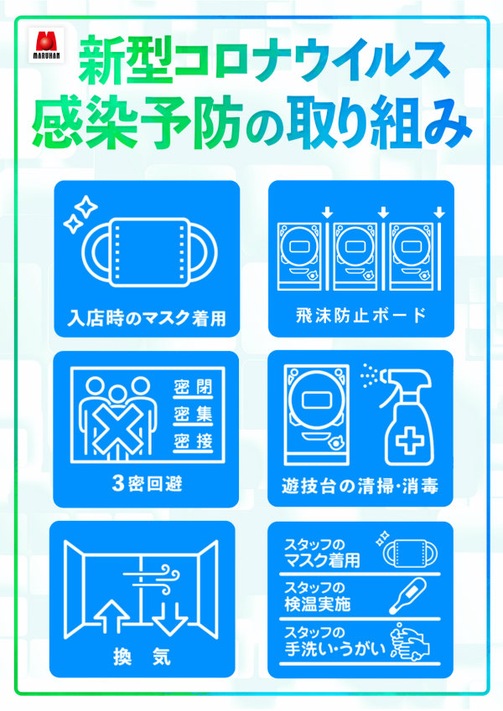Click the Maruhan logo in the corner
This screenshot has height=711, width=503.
(x=46, y=45)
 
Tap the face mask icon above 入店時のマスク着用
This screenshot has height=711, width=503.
(x=149, y=252)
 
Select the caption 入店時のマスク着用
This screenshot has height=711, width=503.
(x=147, y=318)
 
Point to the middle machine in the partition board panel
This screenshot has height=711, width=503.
(x=355, y=256)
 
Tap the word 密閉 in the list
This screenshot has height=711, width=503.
(x=193, y=387)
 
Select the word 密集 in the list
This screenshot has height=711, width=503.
(x=193, y=414)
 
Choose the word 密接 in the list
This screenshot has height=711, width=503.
(x=193, y=441)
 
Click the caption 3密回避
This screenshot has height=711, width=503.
(x=147, y=483)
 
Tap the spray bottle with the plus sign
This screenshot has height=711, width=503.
(x=404, y=416)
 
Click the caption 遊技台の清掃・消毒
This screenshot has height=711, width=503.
(x=360, y=486)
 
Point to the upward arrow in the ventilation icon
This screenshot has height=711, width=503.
(x=111, y=616)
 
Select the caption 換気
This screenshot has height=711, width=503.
(x=142, y=656)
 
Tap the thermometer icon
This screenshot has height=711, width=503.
(x=408, y=595)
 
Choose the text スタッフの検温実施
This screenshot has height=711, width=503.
(x=318, y=595)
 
